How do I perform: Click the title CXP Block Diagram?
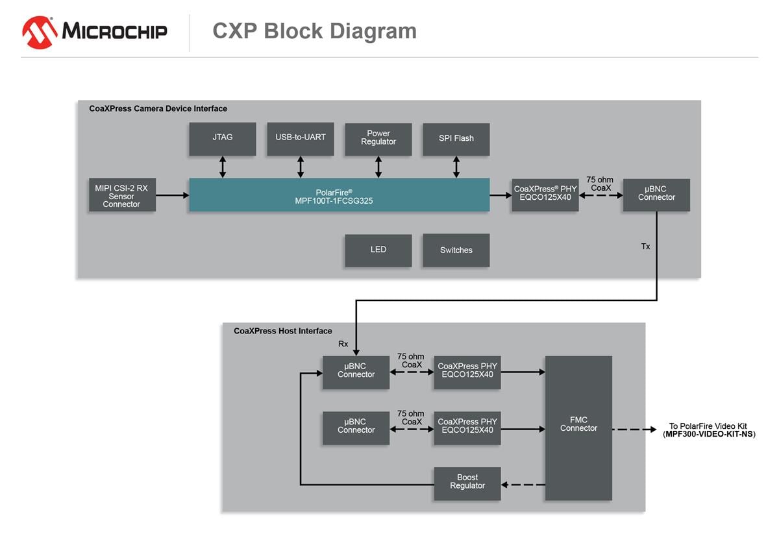pyautogui.click(x=314, y=31)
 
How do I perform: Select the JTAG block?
pyautogui.click(x=222, y=139)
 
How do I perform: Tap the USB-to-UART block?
pyautogui.click(x=300, y=139)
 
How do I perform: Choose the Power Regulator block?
pyautogui.click(x=378, y=139)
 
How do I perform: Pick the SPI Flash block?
pyautogui.click(x=456, y=139)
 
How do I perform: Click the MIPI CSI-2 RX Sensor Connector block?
pyautogui.click(x=121, y=196)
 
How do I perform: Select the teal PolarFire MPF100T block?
pyautogui.click(x=339, y=195)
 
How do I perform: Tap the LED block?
pyautogui.click(x=378, y=250)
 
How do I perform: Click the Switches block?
pyautogui.click(x=456, y=250)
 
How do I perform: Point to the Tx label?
pyautogui.click(x=645, y=247)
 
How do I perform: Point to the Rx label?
pyautogui.click(x=343, y=344)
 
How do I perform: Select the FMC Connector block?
pyautogui.click(x=578, y=428)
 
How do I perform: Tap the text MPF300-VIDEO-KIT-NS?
pyautogui.click(x=709, y=435)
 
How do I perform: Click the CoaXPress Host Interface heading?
pyautogui.click(x=282, y=331)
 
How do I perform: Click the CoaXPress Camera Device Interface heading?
pyautogui.click(x=158, y=108)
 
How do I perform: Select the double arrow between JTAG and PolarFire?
pyautogui.click(x=223, y=167)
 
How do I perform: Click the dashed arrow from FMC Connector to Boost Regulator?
pyautogui.click(x=523, y=484)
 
